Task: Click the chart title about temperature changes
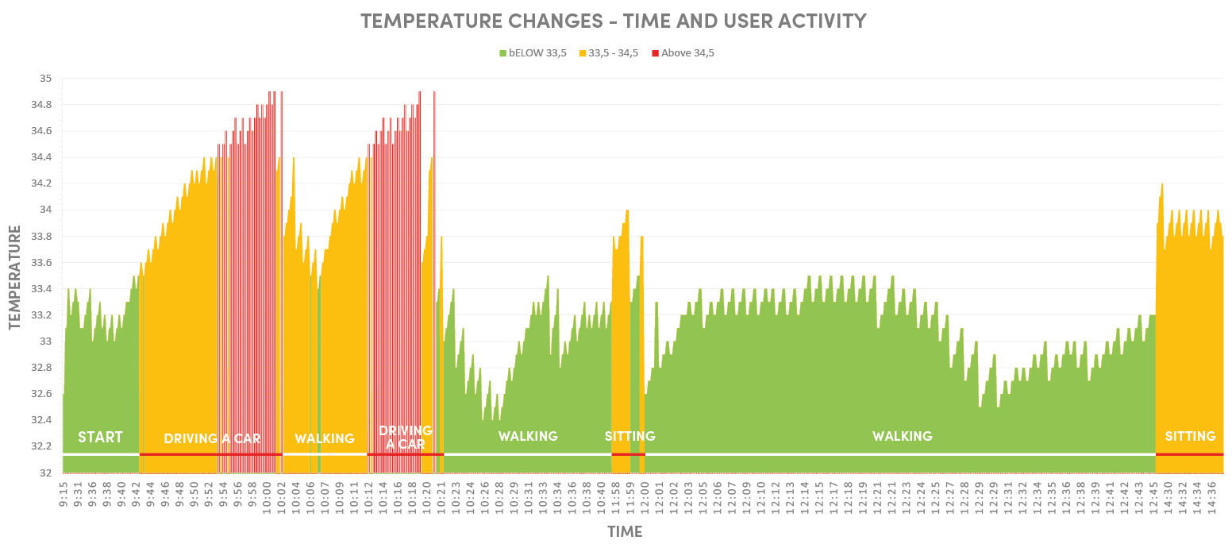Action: click(614, 21)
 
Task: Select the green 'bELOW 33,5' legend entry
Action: click(533, 53)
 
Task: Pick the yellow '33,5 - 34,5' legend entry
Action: click(608, 53)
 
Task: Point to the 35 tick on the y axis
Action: click(45, 79)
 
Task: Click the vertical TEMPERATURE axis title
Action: click(14, 277)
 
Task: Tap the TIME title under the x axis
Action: click(625, 532)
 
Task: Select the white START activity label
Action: click(100, 437)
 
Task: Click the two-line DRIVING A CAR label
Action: click(401, 437)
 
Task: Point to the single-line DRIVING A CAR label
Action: click(212, 438)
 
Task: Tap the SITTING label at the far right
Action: click(1190, 436)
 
